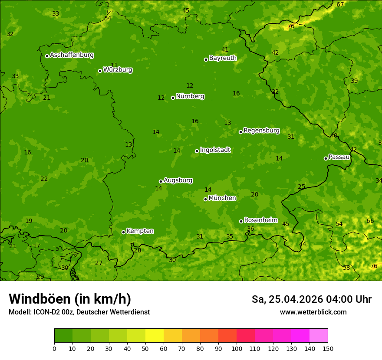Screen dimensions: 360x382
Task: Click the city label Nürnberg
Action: click(190, 96)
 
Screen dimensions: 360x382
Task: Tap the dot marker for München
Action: click(205, 199)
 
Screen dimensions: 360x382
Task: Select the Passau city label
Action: click(339, 157)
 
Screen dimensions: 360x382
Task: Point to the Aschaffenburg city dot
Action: click(47, 56)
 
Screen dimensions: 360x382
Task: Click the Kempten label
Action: click(140, 231)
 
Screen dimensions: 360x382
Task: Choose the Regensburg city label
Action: click(261, 131)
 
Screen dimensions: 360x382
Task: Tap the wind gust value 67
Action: click(340, 4)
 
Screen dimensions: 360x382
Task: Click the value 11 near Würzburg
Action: click(114, 65)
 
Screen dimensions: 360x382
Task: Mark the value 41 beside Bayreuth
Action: click(225, 50)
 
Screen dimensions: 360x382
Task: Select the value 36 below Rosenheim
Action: click(250, 229)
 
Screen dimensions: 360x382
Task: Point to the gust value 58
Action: click(346, 268)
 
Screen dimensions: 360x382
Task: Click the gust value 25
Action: click(301, 187)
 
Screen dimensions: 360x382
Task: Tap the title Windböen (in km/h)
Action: click(70, 299)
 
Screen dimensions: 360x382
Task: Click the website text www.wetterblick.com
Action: click(313, 312)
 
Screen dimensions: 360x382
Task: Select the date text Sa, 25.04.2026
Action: click(286, 299)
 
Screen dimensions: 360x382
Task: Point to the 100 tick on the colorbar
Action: click(237, 348)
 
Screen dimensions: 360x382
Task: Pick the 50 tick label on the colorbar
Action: click(145, 348)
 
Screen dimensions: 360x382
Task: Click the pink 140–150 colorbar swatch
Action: click(319, 336)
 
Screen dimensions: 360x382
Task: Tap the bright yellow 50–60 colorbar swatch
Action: click(155, 336)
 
